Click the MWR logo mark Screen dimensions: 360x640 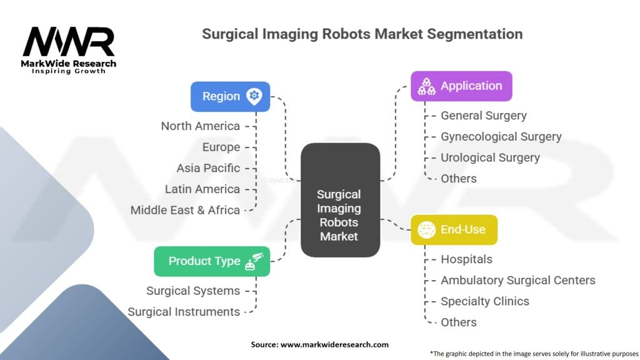pyautogui.click(x=69, y=42)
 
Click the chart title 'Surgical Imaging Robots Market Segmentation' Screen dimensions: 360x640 pyautogui.click(x=362, y=34)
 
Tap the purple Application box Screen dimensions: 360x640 pyautogui.click(x=461, y=86)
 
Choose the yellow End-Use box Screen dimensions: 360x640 pyautogui.click(x=453, y=229)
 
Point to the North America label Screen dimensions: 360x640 pyautogui.click(x=200, y=126)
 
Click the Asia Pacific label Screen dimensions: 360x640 pyautogui.click(x=208, y=168)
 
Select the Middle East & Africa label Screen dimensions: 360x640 pyautogui.click(x=185, y=210)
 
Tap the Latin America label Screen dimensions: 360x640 pyautogui.click(x=202, y=189)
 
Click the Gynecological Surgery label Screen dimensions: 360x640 pyautogui.click(x=501, y=136)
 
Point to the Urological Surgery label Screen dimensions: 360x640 pyautogui.click(x=490, y=157)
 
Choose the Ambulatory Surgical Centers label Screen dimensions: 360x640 pyautogui.click(x=517, y=280)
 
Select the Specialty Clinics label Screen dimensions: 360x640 pyautogui.click(x=484, y=301)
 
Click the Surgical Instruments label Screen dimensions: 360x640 pyautogui.click(x=184, y=311)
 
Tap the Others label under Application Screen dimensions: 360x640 pyautogui.click(x=458, y=178)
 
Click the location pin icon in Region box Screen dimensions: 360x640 pyautogui.click(x=254, y=96)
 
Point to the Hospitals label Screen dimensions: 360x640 pyautogui.click(x=466, y=259)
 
